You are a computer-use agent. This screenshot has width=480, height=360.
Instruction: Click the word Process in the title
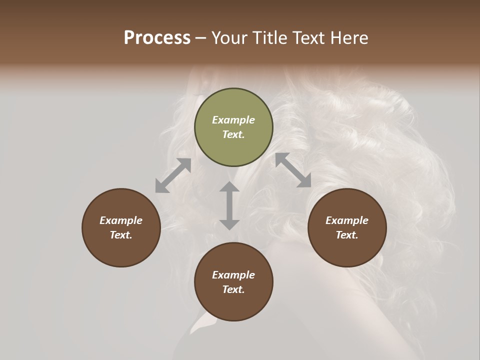click(157, 38)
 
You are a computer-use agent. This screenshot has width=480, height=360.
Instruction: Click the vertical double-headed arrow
click(229, 205)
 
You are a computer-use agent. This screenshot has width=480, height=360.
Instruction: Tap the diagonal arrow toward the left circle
click(173, 175)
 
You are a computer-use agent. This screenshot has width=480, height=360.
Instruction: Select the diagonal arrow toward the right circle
click(293, 170)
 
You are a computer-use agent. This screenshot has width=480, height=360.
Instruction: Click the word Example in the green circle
click(233, 120)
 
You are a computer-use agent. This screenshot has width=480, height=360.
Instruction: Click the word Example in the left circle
click(121, 220)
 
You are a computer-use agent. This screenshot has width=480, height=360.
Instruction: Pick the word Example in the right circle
click(347, 220)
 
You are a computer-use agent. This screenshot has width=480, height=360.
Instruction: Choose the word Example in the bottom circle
click(233, 275)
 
